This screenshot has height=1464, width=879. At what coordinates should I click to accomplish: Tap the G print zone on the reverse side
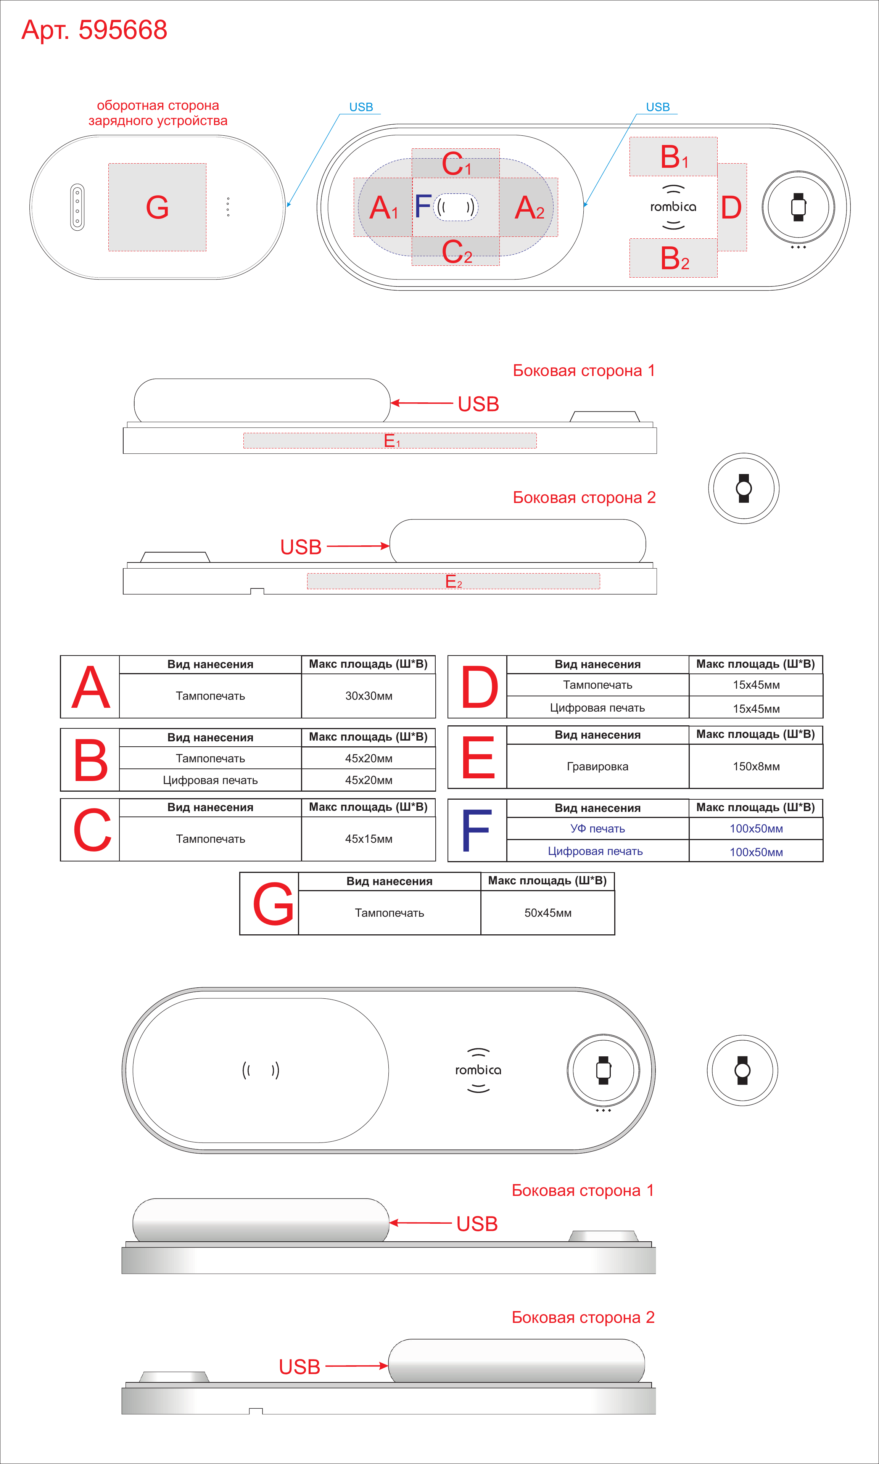[x=157, y=207]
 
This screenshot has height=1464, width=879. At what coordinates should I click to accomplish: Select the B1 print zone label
[x=674, y=157]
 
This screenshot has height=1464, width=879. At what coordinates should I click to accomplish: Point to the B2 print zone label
[x=675, y=258]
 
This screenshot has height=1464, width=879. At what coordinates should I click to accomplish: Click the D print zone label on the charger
[x=731, y=207]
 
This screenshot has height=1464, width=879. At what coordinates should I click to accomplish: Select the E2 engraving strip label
[x=454, y=581]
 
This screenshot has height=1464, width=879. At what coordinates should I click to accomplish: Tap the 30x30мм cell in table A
[x=369, y=696]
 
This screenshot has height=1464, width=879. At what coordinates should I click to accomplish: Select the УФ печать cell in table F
[x=598, y=828]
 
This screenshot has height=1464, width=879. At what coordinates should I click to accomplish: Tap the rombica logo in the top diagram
[x=673, y=207]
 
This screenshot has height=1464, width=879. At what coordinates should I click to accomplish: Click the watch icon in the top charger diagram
[x=799, y=207]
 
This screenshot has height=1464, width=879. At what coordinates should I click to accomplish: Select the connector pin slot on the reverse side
[x=77, y=207]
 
